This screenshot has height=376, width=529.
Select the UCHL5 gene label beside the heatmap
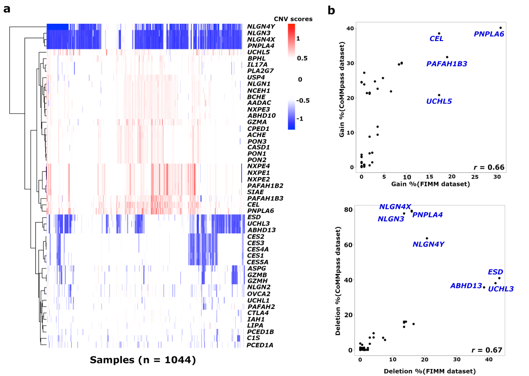(258, 52)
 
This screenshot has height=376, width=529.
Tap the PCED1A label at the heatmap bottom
(260, 345)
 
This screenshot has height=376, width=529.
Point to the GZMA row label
(257, 122)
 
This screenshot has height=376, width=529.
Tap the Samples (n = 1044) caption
(142, 360)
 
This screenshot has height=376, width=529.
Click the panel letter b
(331, 9)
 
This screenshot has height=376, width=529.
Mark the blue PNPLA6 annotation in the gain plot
(489, 34)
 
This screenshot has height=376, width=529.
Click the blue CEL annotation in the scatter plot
(436, 39)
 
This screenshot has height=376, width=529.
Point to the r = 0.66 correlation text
(489, 167)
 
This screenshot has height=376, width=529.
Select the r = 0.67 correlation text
(489, 350)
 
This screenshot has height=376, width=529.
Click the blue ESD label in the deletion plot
(495, 272)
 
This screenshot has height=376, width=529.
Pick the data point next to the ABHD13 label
(484, 287)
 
